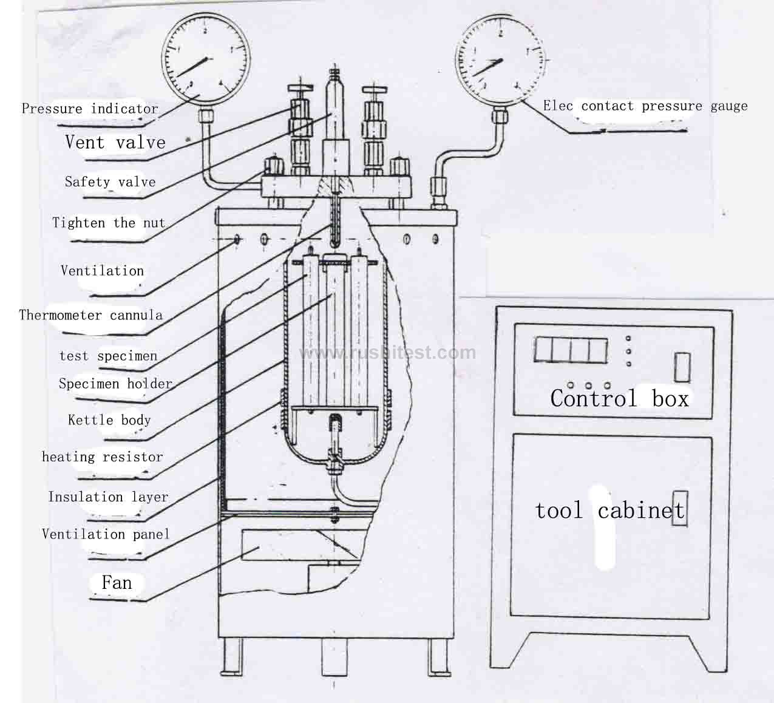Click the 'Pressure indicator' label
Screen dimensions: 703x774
90,109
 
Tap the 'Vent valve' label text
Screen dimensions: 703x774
115,143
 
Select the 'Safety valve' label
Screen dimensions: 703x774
110,182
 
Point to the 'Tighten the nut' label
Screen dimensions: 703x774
109,223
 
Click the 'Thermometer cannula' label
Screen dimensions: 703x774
91,315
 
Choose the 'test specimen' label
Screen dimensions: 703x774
108,356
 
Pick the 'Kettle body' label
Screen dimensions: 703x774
109,420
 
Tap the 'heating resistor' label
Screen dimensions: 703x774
103,457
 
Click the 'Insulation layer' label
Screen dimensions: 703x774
108,497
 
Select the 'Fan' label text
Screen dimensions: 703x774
117,583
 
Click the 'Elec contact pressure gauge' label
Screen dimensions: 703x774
645,106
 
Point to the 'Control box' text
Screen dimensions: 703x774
619,398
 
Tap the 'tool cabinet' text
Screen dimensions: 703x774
609,511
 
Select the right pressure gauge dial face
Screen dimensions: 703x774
500,59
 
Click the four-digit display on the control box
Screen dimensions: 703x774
570,351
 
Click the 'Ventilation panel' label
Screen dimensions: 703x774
106,534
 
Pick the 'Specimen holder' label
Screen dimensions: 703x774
115,384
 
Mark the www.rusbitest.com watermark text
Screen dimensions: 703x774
388,353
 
